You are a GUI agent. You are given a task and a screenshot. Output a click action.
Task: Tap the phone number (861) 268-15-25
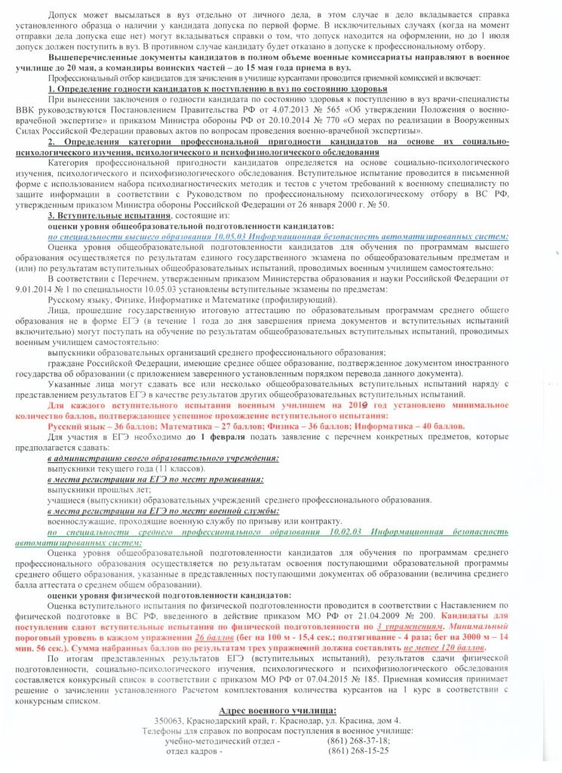(358, 751)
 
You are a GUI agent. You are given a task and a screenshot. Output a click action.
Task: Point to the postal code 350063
(169, 721)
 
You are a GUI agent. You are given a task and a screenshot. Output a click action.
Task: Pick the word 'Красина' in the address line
(350, 721)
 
